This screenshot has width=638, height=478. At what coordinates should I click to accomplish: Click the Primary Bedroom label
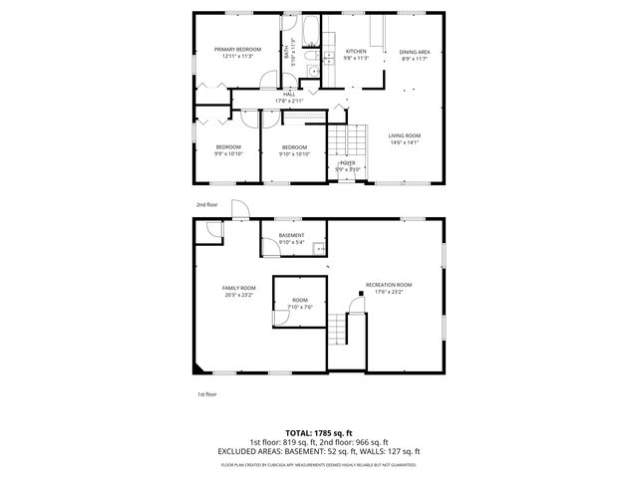pyautogui.click(x=237, y=49)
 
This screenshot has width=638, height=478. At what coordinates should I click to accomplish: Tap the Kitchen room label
pyautogui.click(x=356, y=51)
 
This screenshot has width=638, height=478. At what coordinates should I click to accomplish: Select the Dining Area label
pyautogui.click(x=415, y=52)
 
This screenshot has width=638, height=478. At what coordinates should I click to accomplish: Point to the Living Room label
pyautogui.click(x=404, y=135)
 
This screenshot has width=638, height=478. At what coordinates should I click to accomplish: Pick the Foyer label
pyautogui.click(x=347, y=162)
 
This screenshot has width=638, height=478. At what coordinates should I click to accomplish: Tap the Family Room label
pyautogui.click(x=239, y=288)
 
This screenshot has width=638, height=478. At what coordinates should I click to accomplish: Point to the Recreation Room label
pyautogui.click(x=388, y=285)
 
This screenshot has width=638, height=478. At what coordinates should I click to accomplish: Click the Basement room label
pyautogui.click(x=291, y=235)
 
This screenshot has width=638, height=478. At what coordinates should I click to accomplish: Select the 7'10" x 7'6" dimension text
pyautogui.click(x=300, y=307)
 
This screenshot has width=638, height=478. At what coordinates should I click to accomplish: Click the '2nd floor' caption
pyautogui.click(x=206, y=204)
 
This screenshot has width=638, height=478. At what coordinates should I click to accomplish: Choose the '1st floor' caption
pyautogui.click(x=206, y=394)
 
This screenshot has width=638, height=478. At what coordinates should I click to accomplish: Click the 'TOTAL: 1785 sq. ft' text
pyautogui.click(x=319, y=433)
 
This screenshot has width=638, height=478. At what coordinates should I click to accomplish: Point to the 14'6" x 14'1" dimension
pyautogui.click(x=404, y=142)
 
